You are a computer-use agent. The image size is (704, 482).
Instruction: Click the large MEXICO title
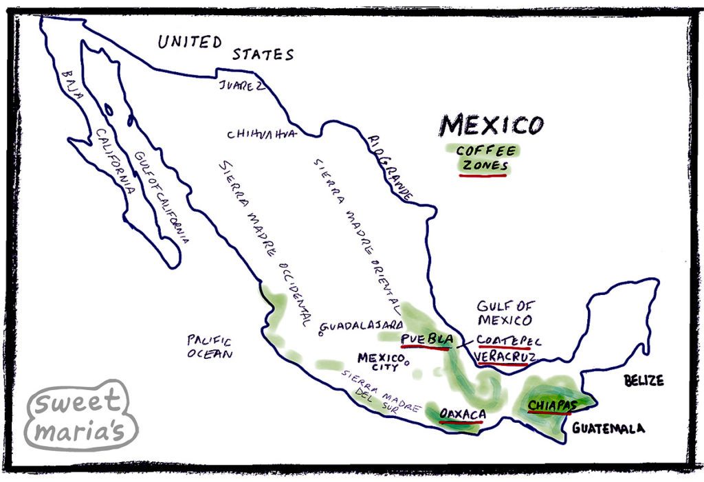[491, 125]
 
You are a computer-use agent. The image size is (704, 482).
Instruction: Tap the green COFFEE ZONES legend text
[483, 158]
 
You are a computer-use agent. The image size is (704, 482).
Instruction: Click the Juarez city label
[241, 85]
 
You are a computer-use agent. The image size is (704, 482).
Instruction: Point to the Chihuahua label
[261, 133]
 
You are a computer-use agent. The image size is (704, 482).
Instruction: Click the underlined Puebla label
[427, 339]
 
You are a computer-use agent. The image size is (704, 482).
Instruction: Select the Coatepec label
[509, 340]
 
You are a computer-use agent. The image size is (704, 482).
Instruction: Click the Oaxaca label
[462, 415]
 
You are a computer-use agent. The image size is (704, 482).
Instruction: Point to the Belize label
[643, 380]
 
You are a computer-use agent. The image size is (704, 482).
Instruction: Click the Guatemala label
[608, 428]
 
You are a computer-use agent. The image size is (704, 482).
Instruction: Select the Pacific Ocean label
[210, 347]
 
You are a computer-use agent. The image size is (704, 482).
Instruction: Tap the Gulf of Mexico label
[505, 313]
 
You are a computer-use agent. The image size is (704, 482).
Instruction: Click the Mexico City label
[379, 362]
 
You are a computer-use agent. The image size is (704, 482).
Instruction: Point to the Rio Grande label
[390, 168]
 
